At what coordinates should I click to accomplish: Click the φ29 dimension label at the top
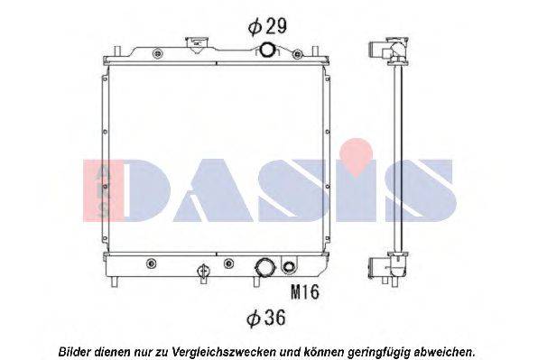coord(269,28)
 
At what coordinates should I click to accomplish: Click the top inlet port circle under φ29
coord(268,51)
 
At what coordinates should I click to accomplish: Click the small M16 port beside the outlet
coord(289,266)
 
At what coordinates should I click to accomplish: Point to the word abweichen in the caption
coord(441,350)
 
